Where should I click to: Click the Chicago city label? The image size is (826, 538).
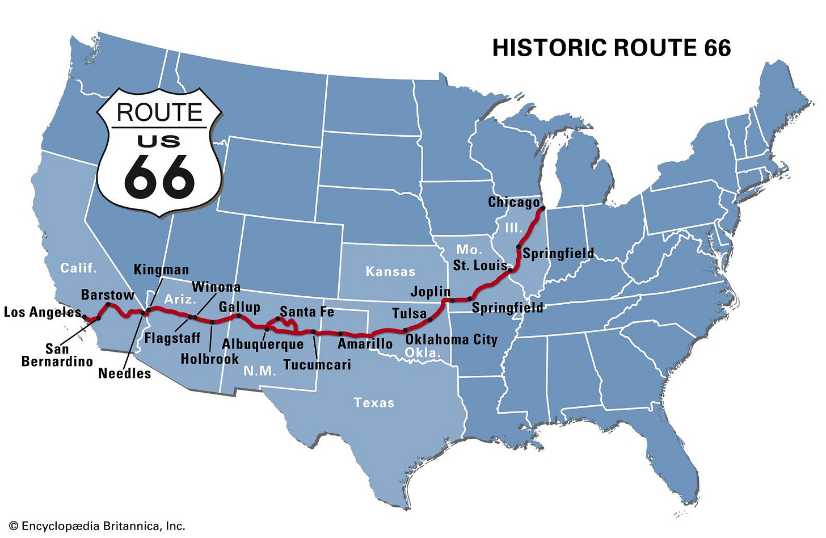(513, 202)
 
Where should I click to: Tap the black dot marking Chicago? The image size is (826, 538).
(543, 208)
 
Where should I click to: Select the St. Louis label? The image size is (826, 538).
(479, 265)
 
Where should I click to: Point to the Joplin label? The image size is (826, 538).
(431, 292)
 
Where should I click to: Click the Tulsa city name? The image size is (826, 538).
(409, 313)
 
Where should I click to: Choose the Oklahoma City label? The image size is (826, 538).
(451, 339)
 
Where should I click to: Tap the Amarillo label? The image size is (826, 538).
(365, 343)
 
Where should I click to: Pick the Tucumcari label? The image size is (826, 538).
(317, 364)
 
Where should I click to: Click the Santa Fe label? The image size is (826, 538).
(307, 312)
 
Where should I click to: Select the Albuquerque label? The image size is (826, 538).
(263, 344)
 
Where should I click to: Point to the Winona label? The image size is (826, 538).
(216, 287)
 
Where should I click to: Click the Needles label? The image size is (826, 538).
(125, 373)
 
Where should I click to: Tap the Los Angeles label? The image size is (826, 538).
(43, 312)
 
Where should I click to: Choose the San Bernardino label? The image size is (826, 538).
(57, 355)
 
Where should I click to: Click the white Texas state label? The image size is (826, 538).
(374, 402)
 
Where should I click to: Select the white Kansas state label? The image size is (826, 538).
(390, 271)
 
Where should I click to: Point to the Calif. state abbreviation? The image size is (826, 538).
(79, 268)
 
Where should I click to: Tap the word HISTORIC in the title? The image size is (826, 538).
(547, 48)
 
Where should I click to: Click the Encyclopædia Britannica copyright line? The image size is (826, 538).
(97, 526)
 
